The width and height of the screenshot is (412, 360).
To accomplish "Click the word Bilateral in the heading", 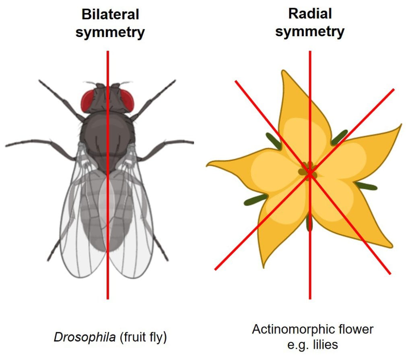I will pyautogui.click(x=110, y=14).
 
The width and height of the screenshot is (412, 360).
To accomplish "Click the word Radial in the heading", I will pyautogui.click(x=310, y=14).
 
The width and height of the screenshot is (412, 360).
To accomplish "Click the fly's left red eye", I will pyautogui.click(x=90, y=100).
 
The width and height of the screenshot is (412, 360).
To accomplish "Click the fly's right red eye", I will pyautogui.click(x=126, y=100).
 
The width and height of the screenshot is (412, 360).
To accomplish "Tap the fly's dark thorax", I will pyautogui.click(x=108, y=133).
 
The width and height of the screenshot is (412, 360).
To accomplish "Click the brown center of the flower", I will pyautogui.click(x=308, y=172).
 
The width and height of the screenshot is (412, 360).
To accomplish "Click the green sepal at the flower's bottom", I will pyautogui.click(x=309, y=223).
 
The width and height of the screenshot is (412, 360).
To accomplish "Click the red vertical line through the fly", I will pyautogui.click(x=108, y=262).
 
